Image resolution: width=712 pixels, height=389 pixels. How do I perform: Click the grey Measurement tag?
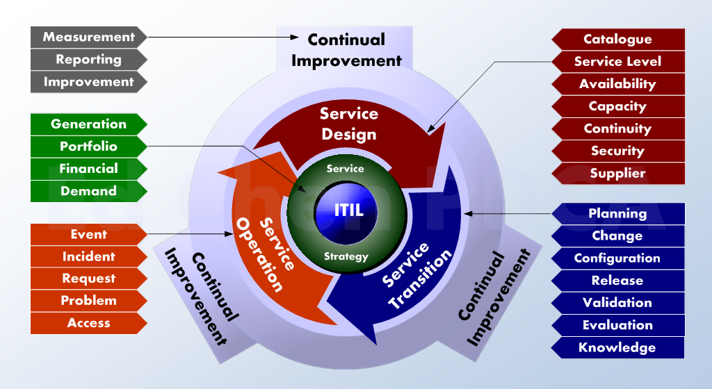88,38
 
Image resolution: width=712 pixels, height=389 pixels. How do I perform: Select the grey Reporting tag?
88,60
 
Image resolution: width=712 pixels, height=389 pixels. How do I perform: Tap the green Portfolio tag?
88,147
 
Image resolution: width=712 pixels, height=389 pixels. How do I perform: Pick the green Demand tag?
88,191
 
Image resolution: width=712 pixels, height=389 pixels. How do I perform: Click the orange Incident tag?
88,256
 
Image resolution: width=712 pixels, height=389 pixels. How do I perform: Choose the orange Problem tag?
88,301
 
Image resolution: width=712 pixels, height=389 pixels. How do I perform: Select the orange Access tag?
88,323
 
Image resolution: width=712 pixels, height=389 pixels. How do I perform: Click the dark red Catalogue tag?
618,40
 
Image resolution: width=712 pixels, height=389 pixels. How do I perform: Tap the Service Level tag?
618,62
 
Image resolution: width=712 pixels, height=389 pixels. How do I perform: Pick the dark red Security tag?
618,151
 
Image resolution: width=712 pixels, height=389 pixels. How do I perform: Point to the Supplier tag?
618,173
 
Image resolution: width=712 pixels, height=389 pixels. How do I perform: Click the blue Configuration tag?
618,258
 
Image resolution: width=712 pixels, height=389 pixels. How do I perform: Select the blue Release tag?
618,281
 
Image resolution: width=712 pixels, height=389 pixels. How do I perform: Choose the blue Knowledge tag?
618,348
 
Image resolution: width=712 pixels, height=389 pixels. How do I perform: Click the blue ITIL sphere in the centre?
347,211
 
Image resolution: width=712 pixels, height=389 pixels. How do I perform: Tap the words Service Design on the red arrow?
349,124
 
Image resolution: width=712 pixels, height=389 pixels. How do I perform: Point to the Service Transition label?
416,275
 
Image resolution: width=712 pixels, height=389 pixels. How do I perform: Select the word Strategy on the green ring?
346,256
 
